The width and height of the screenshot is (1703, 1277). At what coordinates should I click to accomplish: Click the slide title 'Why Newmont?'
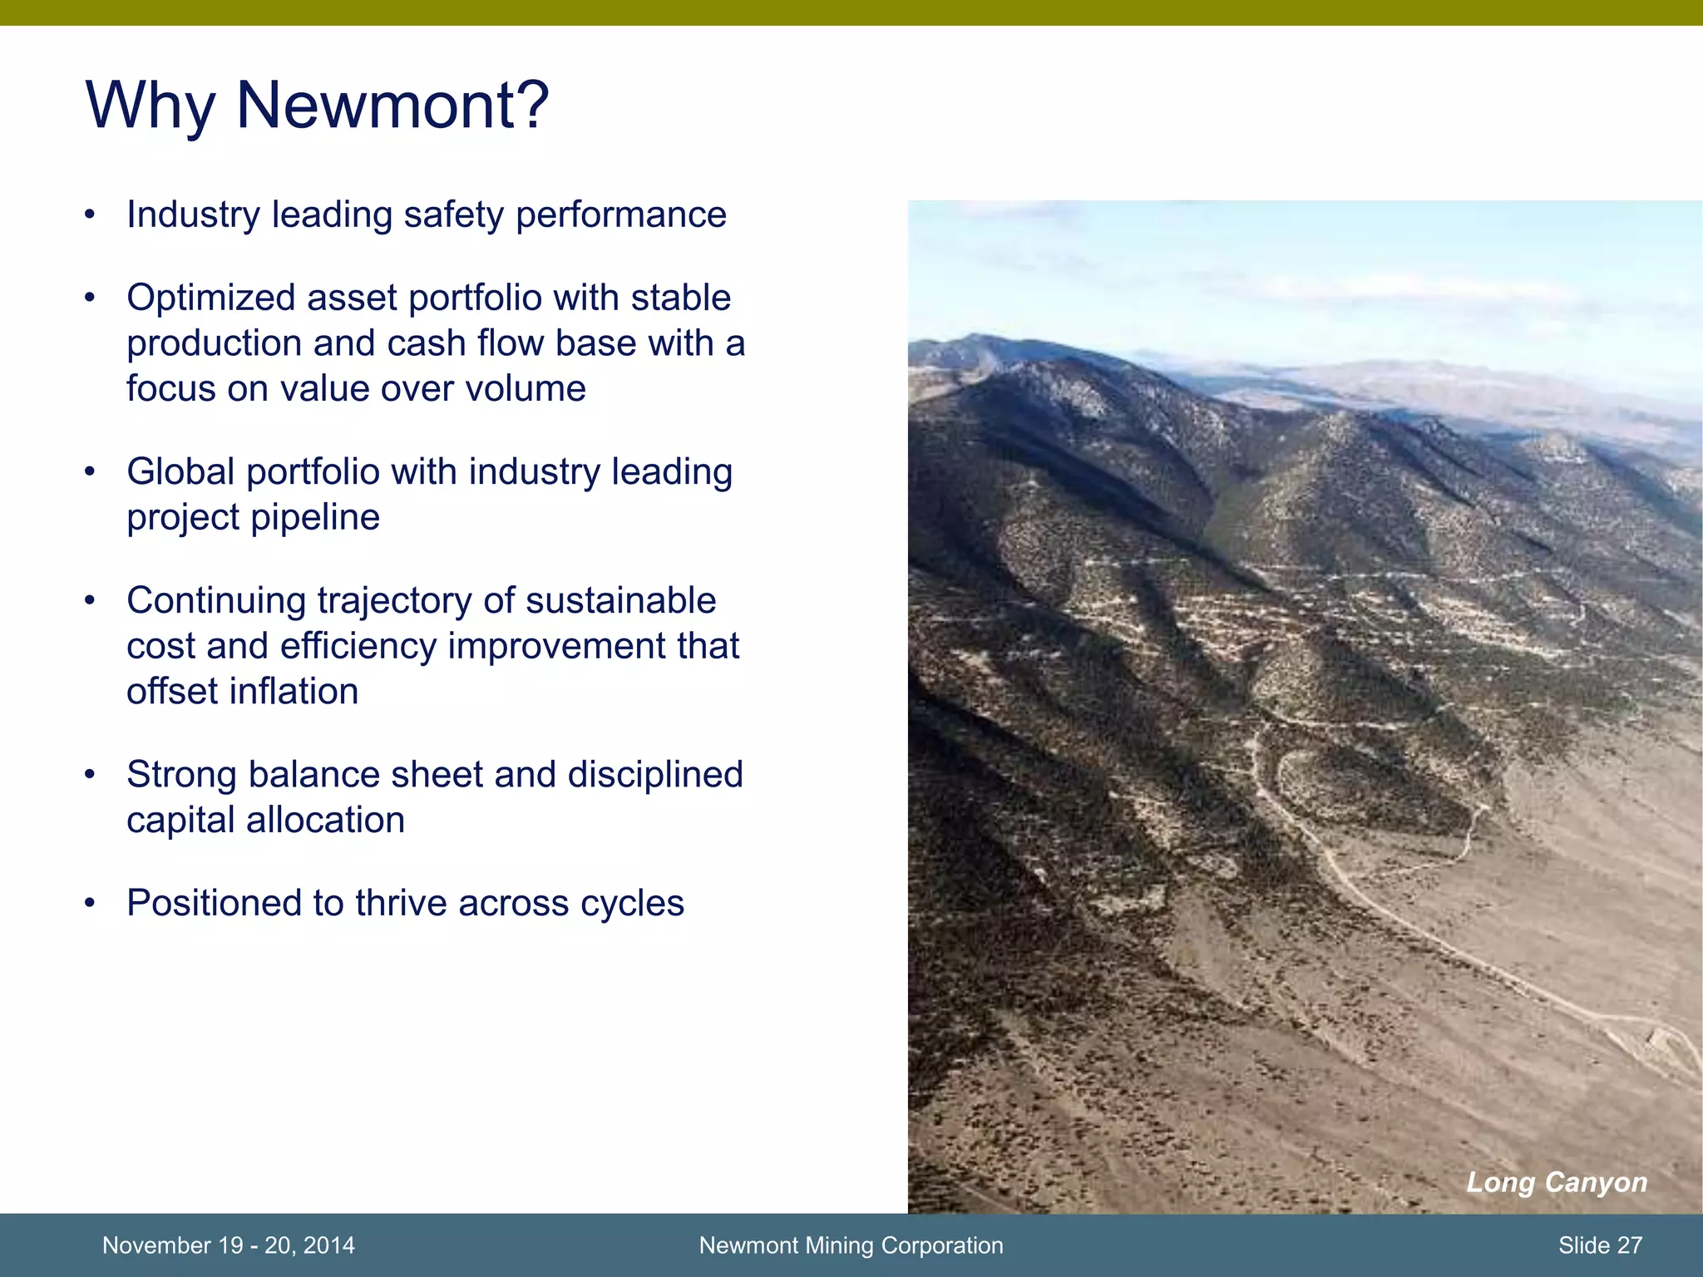coord(317,106)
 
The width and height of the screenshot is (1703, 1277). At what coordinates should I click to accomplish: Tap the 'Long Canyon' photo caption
coord(1556,1182)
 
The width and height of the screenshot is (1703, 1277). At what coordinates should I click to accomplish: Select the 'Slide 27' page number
coord(1600,1245)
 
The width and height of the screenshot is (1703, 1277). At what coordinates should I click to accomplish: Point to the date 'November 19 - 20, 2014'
coord(229,1245)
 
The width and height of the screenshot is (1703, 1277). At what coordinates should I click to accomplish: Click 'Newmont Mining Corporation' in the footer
coord(851,1245)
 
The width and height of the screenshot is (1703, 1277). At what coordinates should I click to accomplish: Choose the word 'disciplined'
coord(655,775)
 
